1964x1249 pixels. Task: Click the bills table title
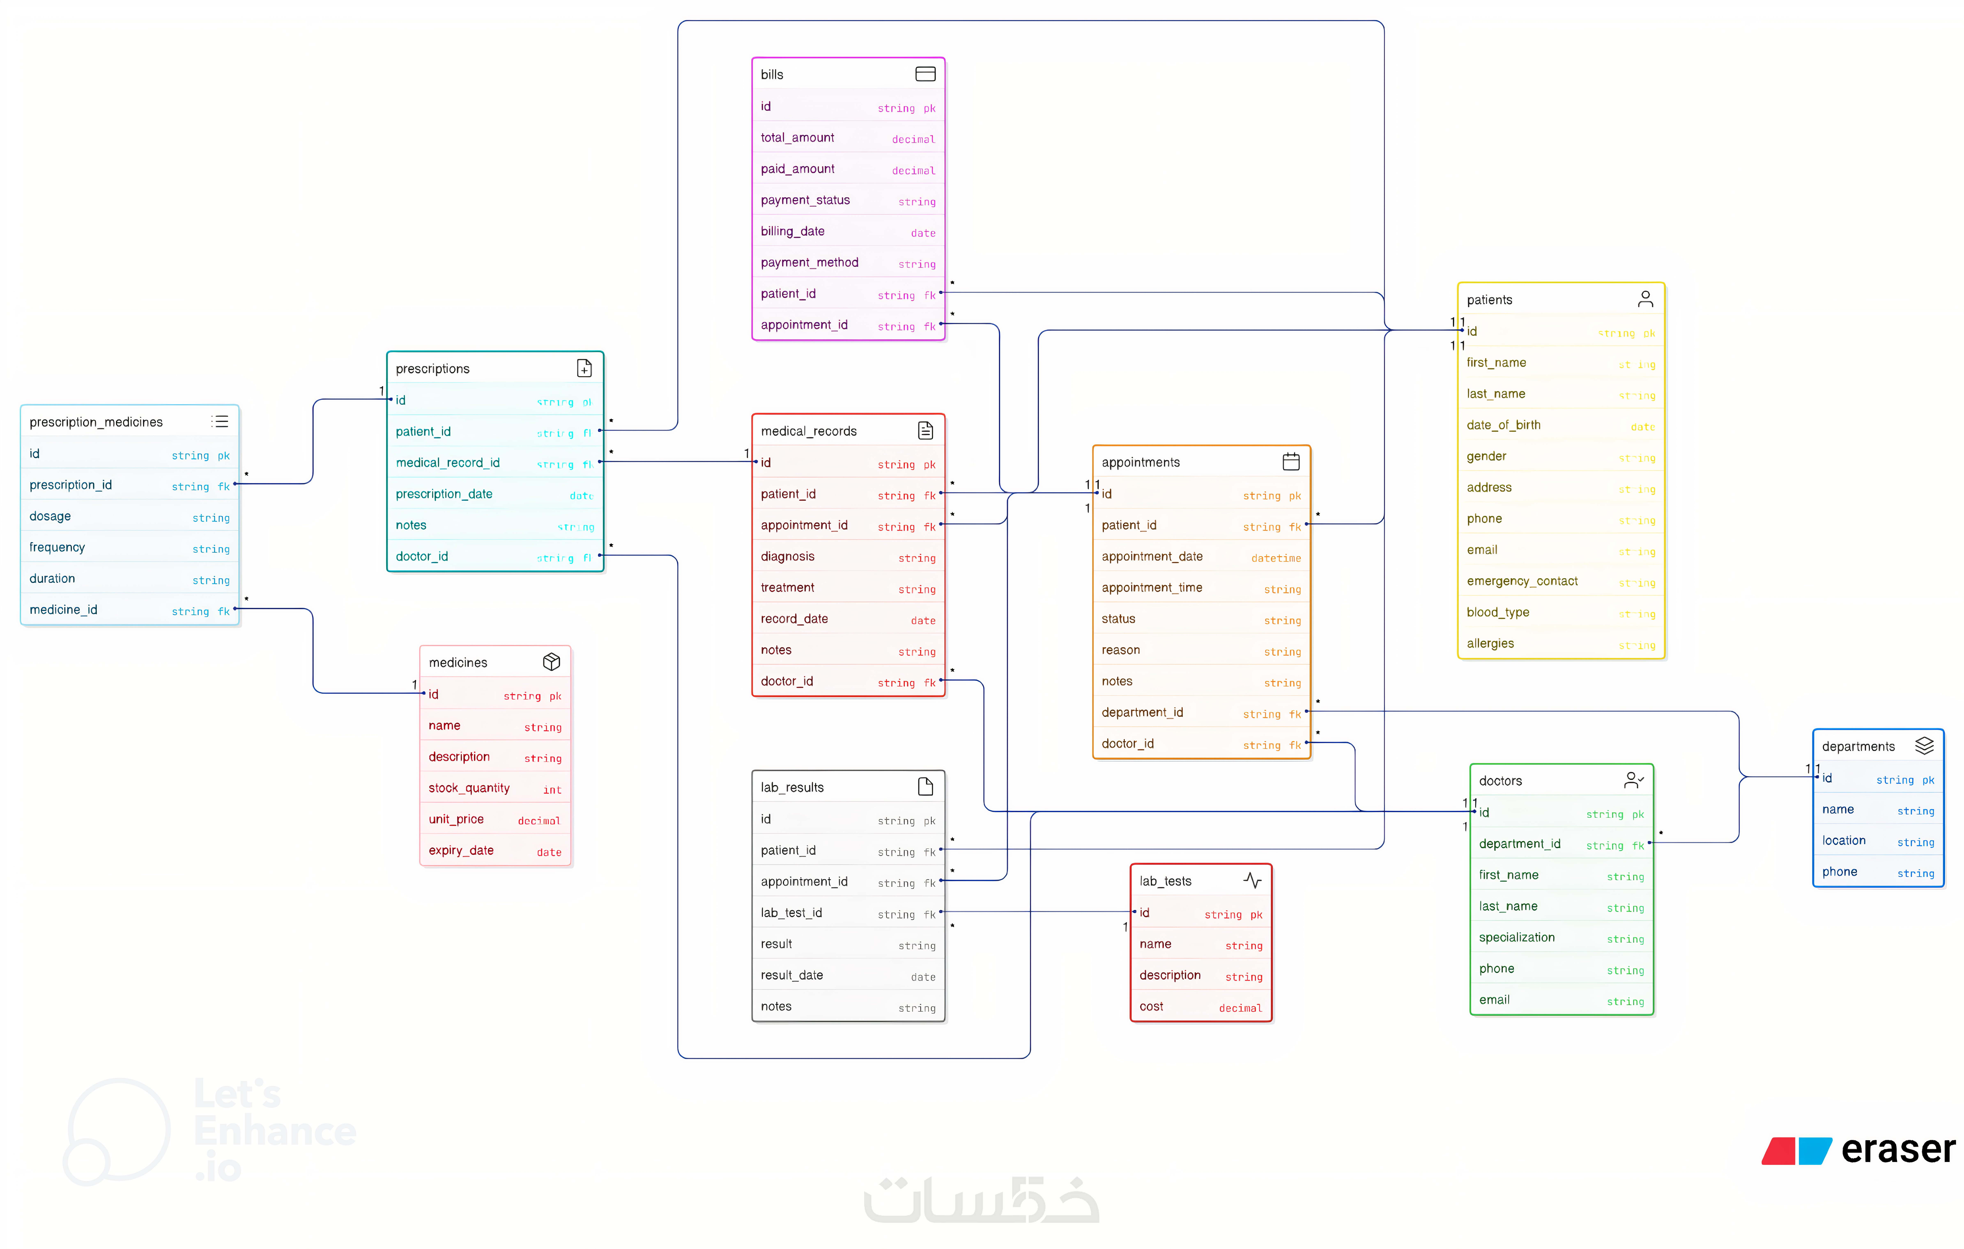point(772,74)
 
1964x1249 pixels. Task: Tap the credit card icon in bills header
point(925,74)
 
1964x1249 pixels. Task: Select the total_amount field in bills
point(797,138)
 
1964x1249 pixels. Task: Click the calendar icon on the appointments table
point(1290,461)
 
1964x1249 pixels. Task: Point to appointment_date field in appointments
point(1152,556)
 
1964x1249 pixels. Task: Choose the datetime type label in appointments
point(1276,558)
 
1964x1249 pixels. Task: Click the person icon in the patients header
point(1645,299)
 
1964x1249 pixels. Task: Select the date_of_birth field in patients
point(1503,425)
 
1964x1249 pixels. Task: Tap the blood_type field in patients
point(1497,612)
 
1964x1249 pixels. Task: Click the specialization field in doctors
point(1516,938)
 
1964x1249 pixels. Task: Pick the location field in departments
point(1843,840)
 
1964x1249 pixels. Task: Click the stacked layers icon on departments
point(1924,745)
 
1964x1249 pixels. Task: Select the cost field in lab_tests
point(1151,1007)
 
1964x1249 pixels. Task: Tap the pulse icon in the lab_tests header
point(1252,880)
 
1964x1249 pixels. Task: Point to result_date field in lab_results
point(791,975)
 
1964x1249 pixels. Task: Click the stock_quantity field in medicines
point(469,788)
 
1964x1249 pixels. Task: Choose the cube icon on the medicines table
point(551,662)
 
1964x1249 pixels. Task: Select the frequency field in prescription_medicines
point(57,547)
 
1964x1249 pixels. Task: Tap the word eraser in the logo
point(1897,1150)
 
